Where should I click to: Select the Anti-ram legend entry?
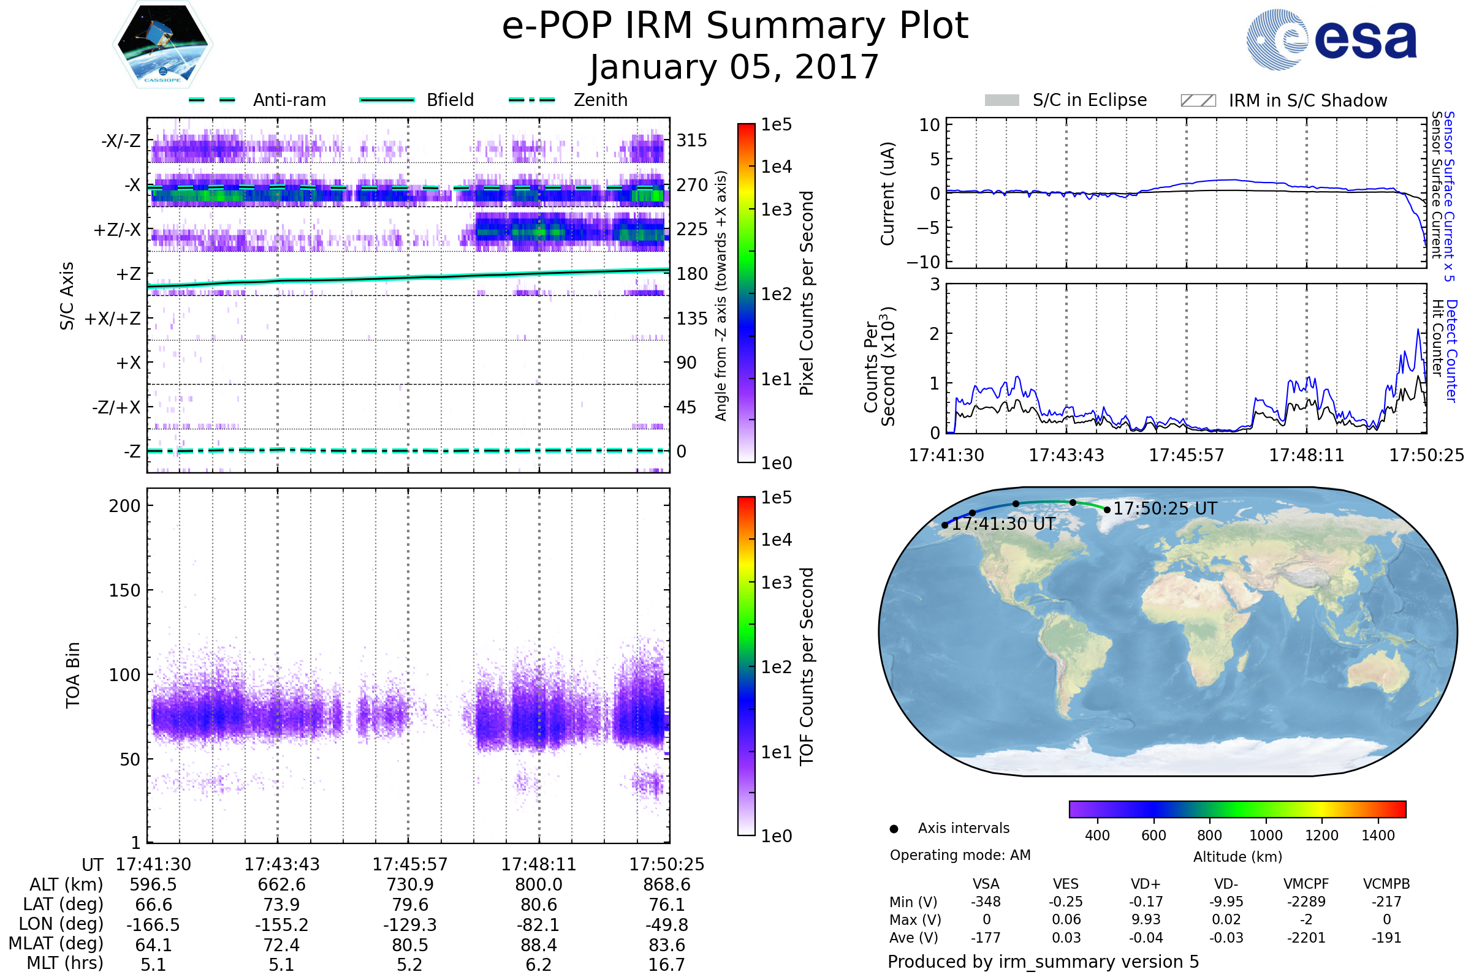click(x=257, y=100)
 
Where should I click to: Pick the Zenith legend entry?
click(x=568, y=100)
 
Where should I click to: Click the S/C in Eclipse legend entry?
click(x=1066, y=100)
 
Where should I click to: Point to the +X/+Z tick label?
click(x=113, y=318)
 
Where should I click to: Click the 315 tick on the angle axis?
click(x=692, y=140)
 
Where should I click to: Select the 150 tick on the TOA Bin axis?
click(x=124, y=590)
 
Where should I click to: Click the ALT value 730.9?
click(x=409, y=885)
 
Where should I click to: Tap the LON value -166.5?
click(x=153, y=925)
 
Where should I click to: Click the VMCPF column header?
click(x=1306, y=884)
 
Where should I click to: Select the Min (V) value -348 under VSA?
click(x=986, y=902)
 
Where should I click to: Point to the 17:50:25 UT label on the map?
click(x=1165, y=509)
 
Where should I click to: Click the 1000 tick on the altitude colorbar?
click(x=1265, y=835)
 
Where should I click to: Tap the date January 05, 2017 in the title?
click(x=735, y=67)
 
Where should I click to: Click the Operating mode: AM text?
click(x=960, y=855)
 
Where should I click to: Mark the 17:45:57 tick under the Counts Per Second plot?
click(x=1186, y=455)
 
